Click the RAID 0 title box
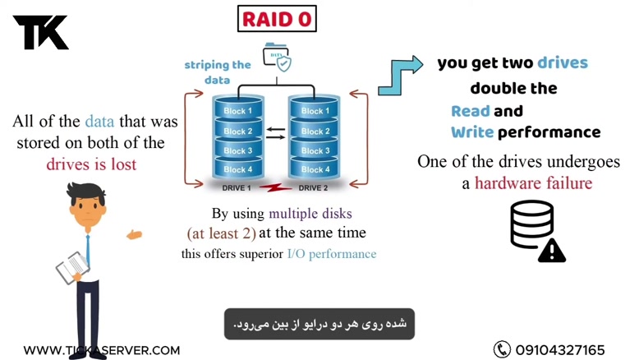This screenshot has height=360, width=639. coord(277,18)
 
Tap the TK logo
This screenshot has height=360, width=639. coord(40,32)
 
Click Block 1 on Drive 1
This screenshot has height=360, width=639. coord(238,111)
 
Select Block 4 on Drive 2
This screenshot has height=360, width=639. coord(312,169)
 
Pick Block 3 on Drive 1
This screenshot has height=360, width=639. coord(238,150)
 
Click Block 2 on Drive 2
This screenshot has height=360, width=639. coord(312,132)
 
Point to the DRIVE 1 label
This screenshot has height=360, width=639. coord(237,188)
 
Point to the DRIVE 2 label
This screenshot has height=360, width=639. coord(313,188)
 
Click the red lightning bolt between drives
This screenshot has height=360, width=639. coord(274,187)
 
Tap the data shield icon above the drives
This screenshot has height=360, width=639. coord(277,58)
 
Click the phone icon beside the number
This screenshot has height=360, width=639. coord(502,349)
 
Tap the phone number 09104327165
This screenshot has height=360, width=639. coord(560,350)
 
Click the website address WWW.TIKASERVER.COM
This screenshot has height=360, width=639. coord(101,350)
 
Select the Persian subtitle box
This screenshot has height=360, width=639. coord(319,324)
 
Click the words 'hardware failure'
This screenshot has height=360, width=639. coord(532,182)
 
